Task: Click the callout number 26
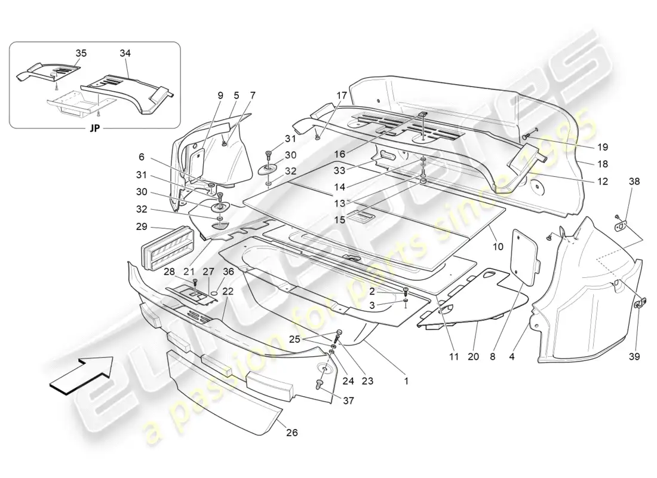[291, 433]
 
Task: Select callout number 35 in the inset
[81, 53]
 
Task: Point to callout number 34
[125, 53]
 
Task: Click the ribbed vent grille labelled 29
[167, 256]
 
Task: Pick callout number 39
[634, 357]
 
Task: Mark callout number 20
[475, 357]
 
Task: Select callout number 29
[141, 228]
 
